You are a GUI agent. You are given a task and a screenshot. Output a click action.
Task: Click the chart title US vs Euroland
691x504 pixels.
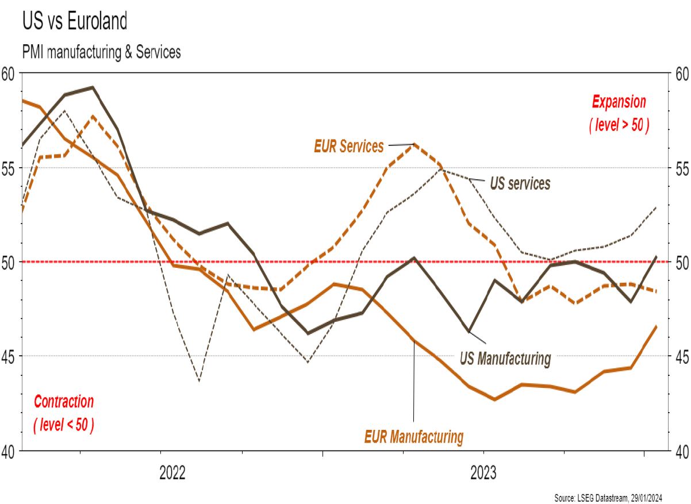(x=75, y=21)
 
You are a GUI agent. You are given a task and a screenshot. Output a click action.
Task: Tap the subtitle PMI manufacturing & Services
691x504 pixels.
(x=101, y=52)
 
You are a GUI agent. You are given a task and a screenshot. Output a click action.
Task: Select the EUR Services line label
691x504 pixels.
(x=348, y=147)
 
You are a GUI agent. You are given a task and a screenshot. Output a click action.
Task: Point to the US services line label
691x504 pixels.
(x=520, y=183)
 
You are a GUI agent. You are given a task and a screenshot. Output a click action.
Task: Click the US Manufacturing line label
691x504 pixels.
(x=505, y=359)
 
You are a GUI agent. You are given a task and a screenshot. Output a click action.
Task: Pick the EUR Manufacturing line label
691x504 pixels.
(x=413, y=436)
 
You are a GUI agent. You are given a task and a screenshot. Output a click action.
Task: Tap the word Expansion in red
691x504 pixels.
(x=619, y=102)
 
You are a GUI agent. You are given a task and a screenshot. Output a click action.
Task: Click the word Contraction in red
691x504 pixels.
(x=64, y=402)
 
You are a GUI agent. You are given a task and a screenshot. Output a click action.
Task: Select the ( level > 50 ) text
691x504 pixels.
(x=619, y=125)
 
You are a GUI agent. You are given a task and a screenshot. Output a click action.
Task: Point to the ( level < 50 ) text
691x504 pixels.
(x=64, y=425)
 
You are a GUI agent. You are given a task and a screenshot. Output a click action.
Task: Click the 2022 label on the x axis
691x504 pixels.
(x=172, y=474)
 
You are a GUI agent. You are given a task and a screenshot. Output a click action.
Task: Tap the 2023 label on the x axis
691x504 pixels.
(x=484, y=474)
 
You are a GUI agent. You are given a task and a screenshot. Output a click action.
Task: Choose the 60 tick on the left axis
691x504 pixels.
(x=9, y=73)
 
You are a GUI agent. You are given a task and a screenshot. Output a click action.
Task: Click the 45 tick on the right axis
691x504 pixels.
(x=681, y=356)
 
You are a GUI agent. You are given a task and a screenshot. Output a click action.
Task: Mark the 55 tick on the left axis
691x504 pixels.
(x=9, y=168)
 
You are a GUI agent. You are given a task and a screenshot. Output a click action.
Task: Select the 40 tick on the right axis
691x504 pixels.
(x=681, y=451)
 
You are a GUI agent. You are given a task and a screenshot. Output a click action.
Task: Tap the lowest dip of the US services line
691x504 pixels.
(x=199, y=381)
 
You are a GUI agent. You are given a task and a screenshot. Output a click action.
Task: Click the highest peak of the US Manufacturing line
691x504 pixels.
(x=93, y=87)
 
